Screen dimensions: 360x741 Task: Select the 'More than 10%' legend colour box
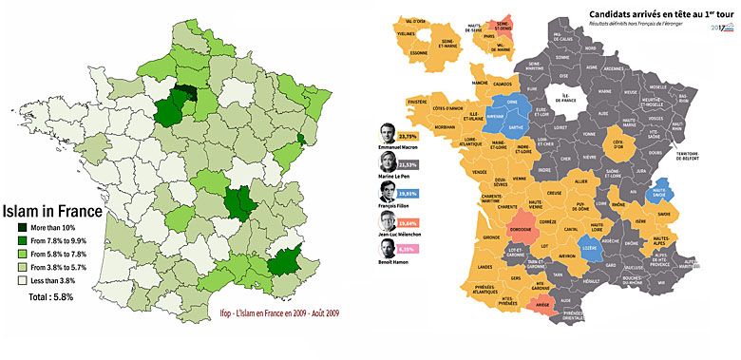[x=22, y=228]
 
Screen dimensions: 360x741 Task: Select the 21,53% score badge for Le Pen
[x=411, y=164]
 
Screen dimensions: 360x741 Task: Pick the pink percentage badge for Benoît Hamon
[x=410, y=250]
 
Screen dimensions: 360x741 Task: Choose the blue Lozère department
[x=590, y=252]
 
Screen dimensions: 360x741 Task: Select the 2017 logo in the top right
[x=718, y=28]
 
